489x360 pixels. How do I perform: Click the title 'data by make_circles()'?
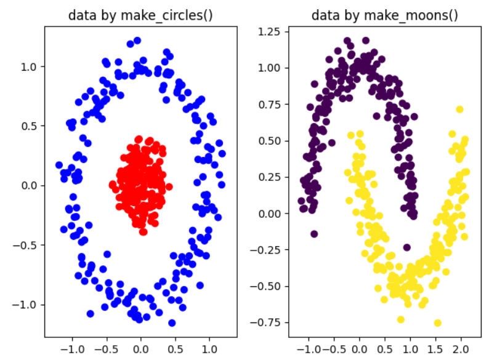pyautogui.click(x=140, y=15)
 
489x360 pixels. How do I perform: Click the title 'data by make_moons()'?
pyautogui.click(x=385, y=15)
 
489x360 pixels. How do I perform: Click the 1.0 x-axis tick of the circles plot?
pyautogui.click(x=209, y=348)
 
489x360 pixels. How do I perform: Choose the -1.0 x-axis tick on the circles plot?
pyautogui.click(x=71, y=348)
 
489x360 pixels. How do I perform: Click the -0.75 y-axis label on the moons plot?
pyautogui.click(x=267, y=322)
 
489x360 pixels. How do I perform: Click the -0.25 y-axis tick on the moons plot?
pyautogui.click(x=267, y=250)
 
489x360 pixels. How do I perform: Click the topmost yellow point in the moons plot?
pyautogui.click(x=459, y=110)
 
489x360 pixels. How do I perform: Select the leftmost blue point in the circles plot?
pyautogui.click(x=59, y=165)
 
